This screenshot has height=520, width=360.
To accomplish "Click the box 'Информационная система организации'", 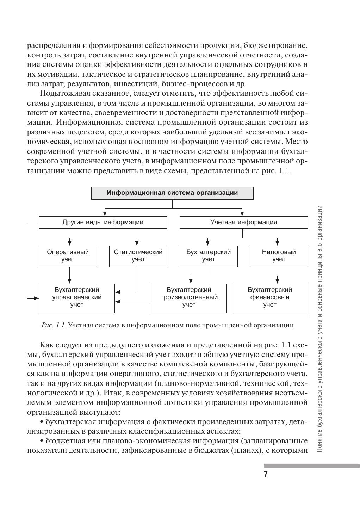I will [172, 193].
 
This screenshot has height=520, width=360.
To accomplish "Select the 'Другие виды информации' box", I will [103, 223].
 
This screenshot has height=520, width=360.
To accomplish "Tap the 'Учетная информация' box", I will [243, 223].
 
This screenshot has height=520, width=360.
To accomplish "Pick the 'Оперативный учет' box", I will [68, 256].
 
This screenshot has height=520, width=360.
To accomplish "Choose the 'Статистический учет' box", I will [138, 256].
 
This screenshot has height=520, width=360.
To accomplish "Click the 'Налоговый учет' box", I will [279, 256].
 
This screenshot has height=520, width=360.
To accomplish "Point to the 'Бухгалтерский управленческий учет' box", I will [77, 298].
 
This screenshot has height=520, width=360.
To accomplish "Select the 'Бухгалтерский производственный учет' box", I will [189, 298].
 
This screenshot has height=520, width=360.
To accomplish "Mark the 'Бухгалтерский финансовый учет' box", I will [269, 298].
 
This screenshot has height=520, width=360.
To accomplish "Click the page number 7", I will [266, 474].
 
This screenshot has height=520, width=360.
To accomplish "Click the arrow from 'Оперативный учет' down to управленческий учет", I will [69, 275].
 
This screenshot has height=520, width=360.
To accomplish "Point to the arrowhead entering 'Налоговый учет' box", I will [278, 243].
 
